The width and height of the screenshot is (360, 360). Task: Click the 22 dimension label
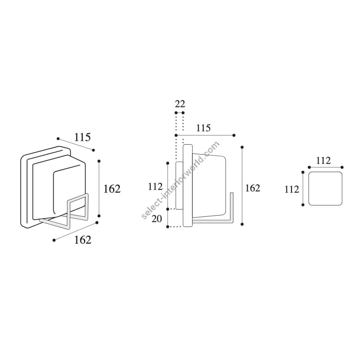click(x=180, y=104)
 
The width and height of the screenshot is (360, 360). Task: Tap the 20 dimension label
click(x=157, y=219)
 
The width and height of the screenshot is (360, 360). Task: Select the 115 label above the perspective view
click(x=82, y=137)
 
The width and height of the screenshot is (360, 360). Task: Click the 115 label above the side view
click(x=204, y=128)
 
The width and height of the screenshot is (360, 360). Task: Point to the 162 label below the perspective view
click(x=83, y=240)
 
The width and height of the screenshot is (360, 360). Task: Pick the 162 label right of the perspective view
click(x=112, y=189)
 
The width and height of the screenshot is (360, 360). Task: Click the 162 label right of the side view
click(x=252, y=188)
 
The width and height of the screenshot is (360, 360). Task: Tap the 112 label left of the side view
click(x=155, y=187)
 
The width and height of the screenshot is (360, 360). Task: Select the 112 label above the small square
click(x=323, y=161)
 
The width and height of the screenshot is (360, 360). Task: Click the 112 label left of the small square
click(x=292, y=190)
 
